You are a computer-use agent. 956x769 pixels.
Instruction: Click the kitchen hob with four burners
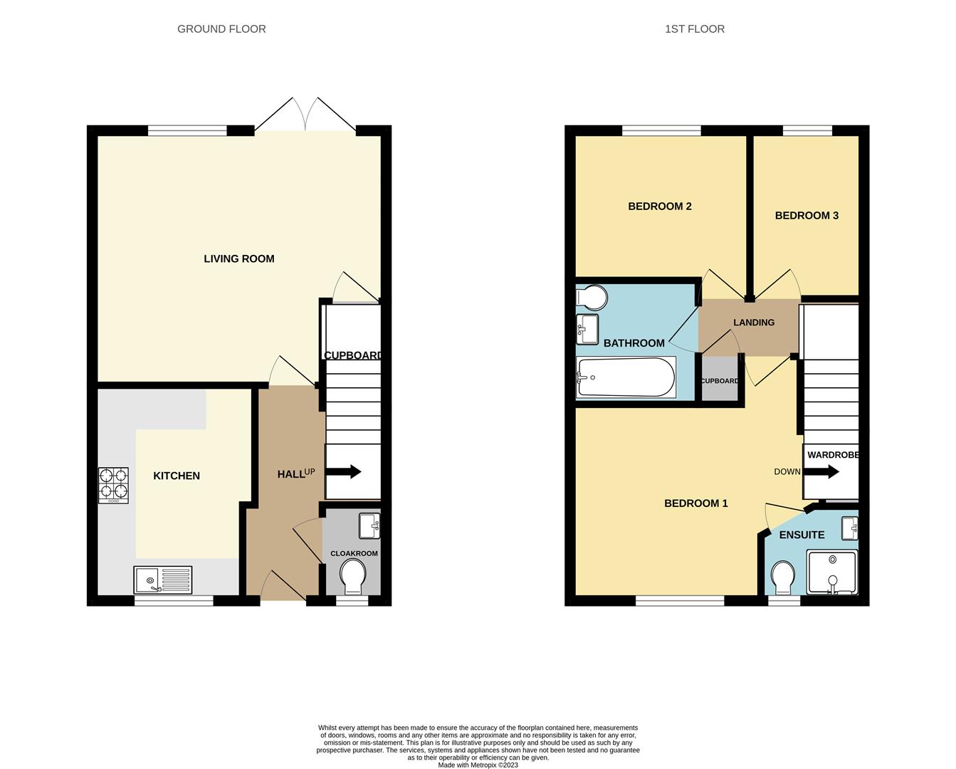coord(113,486)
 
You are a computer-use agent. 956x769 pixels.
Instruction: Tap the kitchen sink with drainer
coord(163,580)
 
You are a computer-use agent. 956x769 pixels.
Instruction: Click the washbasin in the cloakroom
coord(369,526)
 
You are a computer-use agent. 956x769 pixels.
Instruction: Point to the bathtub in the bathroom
coord(626,377)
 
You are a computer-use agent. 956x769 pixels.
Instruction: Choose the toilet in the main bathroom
coord(592,298)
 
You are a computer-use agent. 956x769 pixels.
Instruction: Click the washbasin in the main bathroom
coord(587,330)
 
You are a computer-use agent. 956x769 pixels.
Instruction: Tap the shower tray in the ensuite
coord(833,572)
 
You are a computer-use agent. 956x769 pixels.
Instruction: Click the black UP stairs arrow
coord(343,471)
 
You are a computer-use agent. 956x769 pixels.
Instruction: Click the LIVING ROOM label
coord(239,258)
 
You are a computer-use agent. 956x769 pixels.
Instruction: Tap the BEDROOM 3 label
coord(807,216)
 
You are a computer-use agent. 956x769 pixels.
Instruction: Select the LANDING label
coord(754,323)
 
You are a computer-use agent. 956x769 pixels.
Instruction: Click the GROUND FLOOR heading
coord(221,29)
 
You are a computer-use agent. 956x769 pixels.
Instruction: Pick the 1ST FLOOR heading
coord(695,29)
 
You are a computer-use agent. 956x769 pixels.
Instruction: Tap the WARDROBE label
coord(833,455)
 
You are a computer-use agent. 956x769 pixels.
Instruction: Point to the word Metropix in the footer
coord(483,765)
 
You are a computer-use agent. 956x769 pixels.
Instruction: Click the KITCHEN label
coord(177,476)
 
